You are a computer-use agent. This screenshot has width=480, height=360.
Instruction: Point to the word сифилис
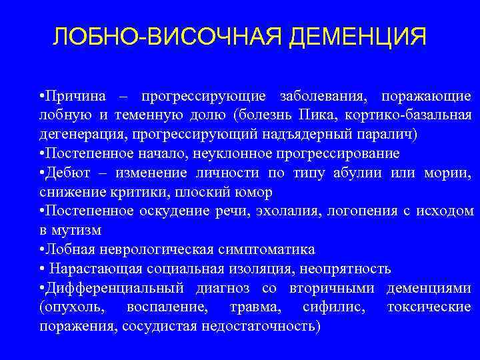[327, 307]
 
